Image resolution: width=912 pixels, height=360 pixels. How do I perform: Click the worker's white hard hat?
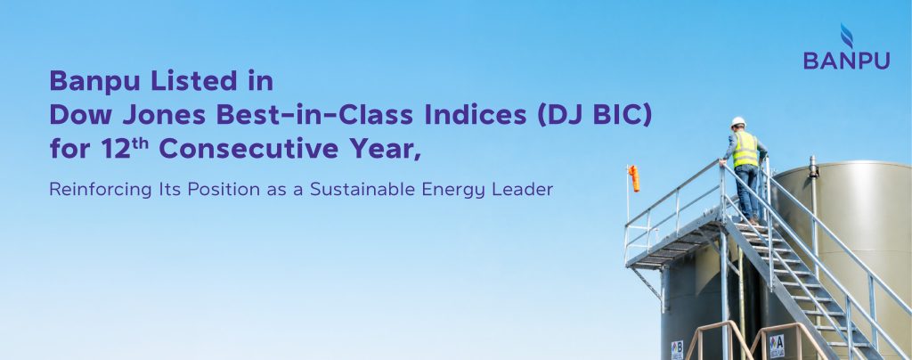click(738, 121)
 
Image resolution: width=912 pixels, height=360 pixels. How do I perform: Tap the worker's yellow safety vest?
click(745, 149)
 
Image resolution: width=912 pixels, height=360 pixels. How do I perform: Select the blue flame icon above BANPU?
click(847, 36)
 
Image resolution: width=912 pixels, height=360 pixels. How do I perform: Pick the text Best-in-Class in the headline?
click(314, 115)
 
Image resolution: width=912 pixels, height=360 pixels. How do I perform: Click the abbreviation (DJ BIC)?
click(594, 116)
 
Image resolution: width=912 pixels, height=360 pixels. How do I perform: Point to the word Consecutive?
click(248, 149)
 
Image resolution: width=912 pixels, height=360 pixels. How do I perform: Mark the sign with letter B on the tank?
click(677, 349)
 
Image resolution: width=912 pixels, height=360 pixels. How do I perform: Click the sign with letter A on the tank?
click(777, 346)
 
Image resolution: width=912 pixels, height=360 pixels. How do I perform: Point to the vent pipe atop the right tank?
click(814, 166)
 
